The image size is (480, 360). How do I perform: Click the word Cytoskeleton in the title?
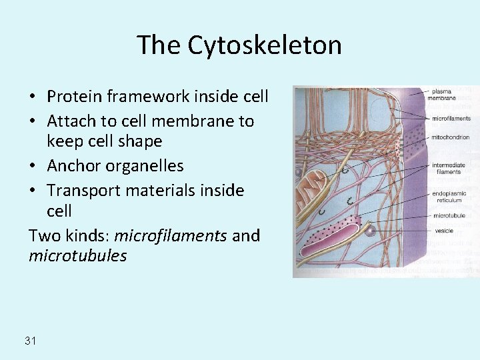click(264, 45)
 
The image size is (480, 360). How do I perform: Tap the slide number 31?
click(30, 341)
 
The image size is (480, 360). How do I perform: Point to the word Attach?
click(69, 121)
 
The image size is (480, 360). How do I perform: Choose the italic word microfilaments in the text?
click(171, 236)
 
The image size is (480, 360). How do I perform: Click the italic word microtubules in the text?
click(77, 256)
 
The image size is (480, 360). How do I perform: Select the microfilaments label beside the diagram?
click(451, 119)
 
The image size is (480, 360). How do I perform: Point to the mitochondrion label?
click(451, 137)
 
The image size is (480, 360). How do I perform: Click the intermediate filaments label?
click(447, 169)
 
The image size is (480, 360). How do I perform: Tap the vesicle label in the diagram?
click(443, 231)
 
